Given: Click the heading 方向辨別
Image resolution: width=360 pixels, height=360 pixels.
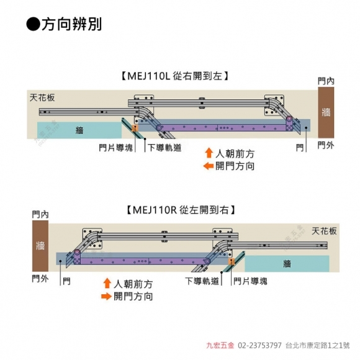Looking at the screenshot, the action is click(71, 24).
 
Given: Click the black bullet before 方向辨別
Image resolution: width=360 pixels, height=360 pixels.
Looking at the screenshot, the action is click(34, 24).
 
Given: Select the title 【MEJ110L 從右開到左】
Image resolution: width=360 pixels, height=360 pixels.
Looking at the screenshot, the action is click(175, 76).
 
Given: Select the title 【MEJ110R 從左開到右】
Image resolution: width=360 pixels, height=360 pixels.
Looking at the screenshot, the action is click(181, 210).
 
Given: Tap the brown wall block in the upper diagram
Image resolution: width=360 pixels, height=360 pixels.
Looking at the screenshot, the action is click(326, 112).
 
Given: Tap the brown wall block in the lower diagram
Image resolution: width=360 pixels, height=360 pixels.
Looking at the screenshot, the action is click(40, 246).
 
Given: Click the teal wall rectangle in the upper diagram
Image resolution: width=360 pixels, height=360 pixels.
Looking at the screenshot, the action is click(79, 130).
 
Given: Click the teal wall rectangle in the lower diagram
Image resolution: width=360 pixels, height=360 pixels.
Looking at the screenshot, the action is click(287, 264).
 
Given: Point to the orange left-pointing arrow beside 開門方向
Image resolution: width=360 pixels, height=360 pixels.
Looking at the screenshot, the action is click(209, 166).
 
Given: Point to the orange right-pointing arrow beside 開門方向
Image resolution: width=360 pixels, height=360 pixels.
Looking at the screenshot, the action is click(106, 296).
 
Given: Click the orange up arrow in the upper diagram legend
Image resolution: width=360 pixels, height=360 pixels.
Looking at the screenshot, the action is click(209, 153).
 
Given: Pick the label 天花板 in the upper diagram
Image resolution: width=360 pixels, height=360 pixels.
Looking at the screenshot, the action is click(42, 97).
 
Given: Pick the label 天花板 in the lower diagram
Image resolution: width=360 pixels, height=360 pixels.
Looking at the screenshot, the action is click(324, 231).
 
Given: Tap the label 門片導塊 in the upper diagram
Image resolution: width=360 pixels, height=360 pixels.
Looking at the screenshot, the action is click(115, 148).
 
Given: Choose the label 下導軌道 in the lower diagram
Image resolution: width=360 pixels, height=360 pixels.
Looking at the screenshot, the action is click(202, 281).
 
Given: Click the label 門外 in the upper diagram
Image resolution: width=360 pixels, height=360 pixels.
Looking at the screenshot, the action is click(326, 145).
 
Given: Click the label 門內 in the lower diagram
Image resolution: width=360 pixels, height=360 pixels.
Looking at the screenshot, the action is click(40, 214).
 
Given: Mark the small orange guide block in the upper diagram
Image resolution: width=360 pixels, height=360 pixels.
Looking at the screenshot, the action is click(135, 128).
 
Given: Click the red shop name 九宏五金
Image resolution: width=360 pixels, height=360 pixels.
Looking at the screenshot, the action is click(220, 345).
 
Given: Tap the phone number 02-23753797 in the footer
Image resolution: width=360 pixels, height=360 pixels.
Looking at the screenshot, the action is click(259, 345).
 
